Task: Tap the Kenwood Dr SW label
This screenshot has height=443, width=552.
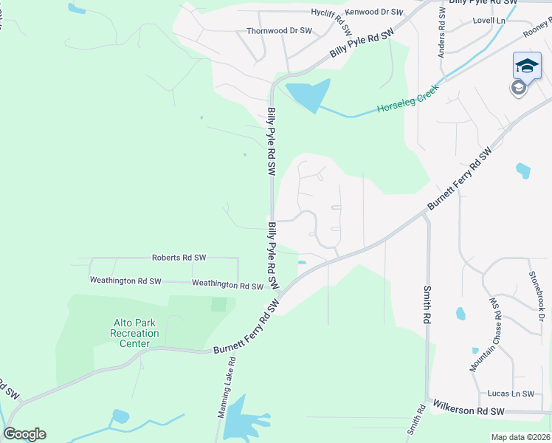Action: [x=375, y=13]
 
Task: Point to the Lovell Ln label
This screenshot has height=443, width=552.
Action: [x=489, y=21]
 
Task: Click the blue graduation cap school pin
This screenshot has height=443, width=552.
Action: [x=527, y=66]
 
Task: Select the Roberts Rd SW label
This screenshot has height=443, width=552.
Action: [x=179, y=258]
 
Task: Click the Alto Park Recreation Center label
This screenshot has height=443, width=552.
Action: [x=134, y=333]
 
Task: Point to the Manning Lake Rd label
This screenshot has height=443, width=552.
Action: [x=226, y=388]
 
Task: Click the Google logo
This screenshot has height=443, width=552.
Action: [x=24, y=434]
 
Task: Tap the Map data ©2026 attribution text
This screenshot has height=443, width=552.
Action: [x=520, y=437]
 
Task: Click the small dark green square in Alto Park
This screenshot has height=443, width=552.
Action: [x=218, y=304]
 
